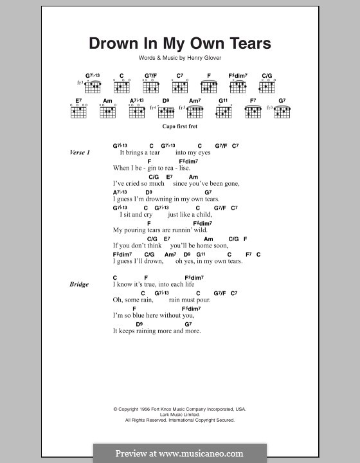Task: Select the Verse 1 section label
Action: point(80,152)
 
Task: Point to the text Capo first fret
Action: point(179,128)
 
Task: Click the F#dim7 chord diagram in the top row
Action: point(238,84)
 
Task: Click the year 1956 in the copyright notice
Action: point(148,409)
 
